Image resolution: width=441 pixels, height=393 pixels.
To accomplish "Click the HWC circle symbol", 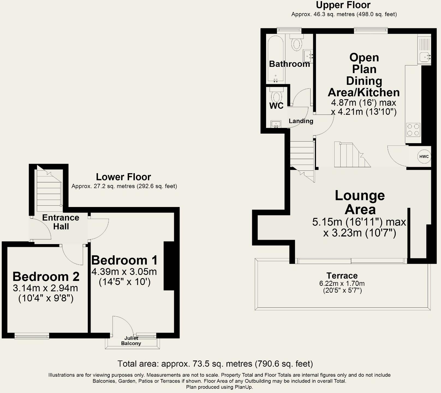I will [424, 157].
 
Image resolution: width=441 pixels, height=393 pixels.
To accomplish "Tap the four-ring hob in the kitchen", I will [413, 130].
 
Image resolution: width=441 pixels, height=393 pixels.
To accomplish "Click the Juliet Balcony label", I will [131, 341].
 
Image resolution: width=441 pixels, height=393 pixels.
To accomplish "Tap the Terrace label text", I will [342, 275].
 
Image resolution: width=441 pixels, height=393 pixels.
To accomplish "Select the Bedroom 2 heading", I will [46, 277].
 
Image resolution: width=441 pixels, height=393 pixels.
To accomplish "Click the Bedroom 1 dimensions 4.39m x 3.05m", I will [124, 272].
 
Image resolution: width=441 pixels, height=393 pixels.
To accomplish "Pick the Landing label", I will [301, 121].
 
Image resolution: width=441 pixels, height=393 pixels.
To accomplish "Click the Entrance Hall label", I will [61, 222].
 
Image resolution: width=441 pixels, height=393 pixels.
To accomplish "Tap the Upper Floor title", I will [343, 5].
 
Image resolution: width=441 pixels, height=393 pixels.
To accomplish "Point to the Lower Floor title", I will [123, 177].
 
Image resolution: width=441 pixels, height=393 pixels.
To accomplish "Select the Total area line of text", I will [215, 364].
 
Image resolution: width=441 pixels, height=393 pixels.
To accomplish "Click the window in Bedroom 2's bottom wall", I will [32, 336].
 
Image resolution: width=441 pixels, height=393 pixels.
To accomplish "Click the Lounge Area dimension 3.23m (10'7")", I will [359, 233].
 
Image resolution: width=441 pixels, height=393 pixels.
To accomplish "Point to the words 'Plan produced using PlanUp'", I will [219, 387].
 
